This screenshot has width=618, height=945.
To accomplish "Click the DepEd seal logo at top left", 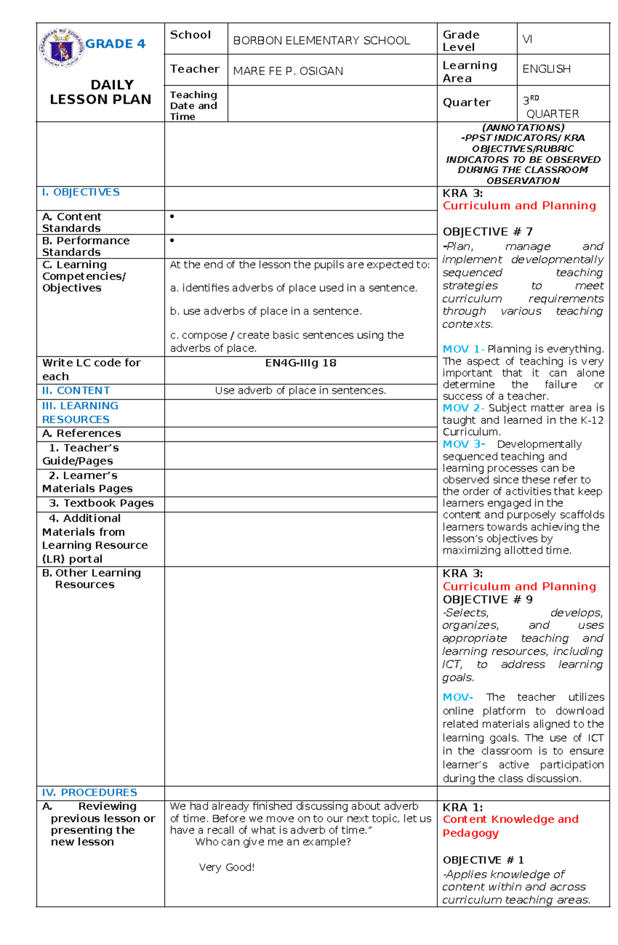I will tap(61, 48).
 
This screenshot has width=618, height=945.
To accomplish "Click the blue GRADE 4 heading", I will tap(115, 44).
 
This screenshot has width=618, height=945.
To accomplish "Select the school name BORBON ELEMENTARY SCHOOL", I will tap(321, 41).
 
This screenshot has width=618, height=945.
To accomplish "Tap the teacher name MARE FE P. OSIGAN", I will tap(288, 71).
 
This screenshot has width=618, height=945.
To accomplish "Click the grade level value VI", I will tap(527, 39).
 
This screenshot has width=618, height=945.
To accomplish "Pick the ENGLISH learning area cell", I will tap(546, 69).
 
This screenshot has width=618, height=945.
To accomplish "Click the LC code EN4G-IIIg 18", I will tap(300, 363).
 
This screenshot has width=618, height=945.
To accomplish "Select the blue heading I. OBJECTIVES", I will tap(81, 192).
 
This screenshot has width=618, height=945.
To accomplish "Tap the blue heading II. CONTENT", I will tap(76, 391).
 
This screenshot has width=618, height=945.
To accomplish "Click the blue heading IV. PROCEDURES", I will tap(90, 793).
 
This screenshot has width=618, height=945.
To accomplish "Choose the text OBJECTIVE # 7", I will tap(487, 232).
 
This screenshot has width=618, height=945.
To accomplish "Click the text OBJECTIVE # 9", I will tap(487, 599).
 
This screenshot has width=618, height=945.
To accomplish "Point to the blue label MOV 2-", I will tap(463, 408).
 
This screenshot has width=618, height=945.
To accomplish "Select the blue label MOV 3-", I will tap(463, 444).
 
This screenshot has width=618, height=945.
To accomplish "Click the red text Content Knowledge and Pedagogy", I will tap(510, 826).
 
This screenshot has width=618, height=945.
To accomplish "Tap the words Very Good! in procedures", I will tap(227, 867).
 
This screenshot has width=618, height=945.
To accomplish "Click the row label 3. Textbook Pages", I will tap(101, 503).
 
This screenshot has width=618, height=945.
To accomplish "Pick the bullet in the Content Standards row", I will tap(172, 217).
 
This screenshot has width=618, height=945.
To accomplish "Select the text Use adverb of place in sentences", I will tap(300, 391).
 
